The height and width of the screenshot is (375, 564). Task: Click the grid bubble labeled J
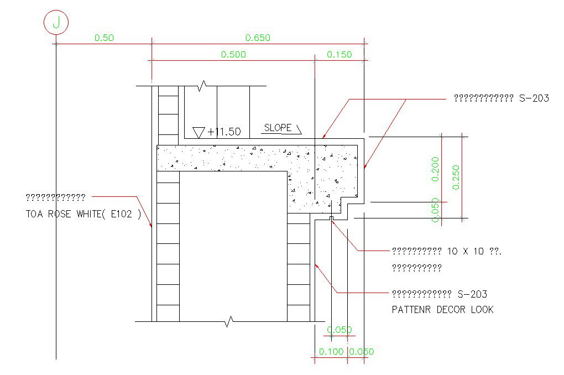coord(56,23)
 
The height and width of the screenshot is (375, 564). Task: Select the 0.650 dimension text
coord(258,38)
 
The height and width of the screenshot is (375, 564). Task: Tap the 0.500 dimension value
coord(233,54)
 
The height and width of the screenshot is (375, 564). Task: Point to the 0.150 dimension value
coord(339,54)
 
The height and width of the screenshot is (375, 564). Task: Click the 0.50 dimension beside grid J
coord(104,38)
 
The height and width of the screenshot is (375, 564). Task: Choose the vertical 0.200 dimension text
coord(435,169)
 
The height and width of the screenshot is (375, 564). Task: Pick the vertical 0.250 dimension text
coord(456,177)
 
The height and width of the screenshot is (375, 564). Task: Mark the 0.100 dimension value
coord(331,352)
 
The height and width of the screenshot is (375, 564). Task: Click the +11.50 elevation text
coord(224,132)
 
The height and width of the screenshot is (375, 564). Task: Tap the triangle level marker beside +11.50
coord(199,132)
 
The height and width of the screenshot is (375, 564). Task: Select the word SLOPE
coord(278,128)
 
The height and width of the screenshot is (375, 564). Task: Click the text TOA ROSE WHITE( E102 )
coord(83,215)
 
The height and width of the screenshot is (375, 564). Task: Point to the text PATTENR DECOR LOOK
coord(442,310)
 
